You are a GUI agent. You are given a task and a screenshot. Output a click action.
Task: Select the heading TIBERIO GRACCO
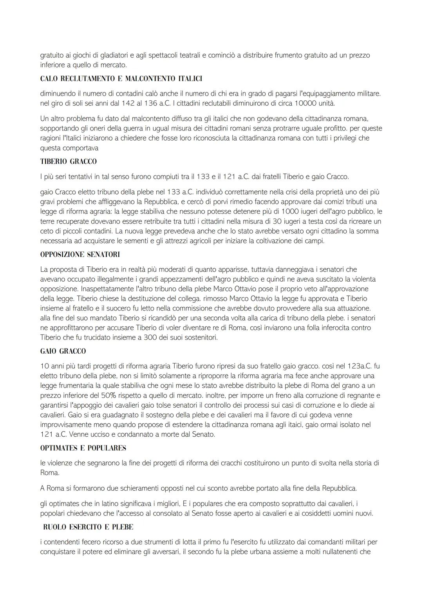point(68,161)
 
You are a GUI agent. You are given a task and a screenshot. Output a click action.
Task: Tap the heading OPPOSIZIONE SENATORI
point(80,255)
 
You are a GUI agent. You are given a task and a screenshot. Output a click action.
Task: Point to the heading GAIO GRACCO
point(63,351)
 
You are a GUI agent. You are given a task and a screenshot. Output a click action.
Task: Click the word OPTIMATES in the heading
point(56,448)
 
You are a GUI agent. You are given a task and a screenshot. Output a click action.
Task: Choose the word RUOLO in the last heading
point(54,527)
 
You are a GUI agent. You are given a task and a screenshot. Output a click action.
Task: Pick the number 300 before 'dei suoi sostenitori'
point(144,337)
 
